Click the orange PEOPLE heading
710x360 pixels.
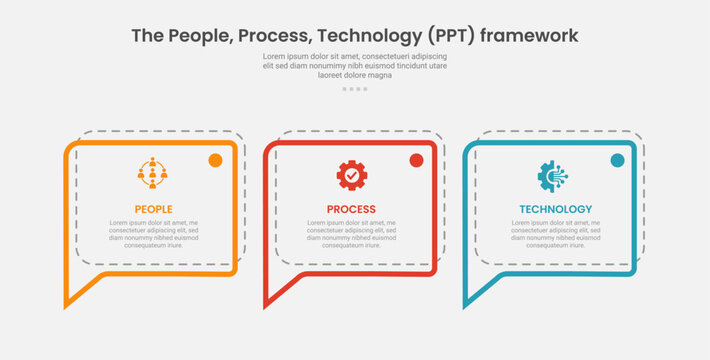153,209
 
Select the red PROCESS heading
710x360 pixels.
351,209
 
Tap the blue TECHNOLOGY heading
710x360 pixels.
555,209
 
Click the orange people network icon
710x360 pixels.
153,174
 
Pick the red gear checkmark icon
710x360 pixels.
352,175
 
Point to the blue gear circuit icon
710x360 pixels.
553,175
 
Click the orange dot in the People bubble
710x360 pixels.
215,160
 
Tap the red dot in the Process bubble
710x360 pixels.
416,160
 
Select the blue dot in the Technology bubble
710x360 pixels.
617,160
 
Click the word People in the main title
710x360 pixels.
202,36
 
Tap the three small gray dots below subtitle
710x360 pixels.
355,89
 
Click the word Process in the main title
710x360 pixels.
280,36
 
